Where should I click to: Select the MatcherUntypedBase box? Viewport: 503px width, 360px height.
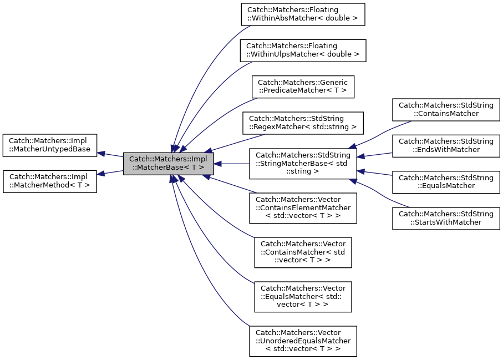(50, 145)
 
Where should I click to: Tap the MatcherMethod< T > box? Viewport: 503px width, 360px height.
(50, 181)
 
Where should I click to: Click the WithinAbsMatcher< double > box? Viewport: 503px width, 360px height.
(303, 14)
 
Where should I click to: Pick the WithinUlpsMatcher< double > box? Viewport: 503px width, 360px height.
(303, 50)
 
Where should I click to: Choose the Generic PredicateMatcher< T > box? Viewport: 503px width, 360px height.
(303, 87)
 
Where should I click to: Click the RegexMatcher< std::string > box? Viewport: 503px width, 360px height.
(303, 123)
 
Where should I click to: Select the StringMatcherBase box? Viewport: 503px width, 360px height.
(303, 163)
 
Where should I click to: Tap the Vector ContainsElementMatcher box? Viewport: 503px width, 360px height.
(303, 208)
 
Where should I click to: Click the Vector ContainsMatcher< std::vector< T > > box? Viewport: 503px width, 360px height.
(303, 253)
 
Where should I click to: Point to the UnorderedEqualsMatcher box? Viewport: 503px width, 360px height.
(303, 341)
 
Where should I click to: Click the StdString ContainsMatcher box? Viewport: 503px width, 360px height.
(446, 109)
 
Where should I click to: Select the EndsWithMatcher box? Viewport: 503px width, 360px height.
(446, 145)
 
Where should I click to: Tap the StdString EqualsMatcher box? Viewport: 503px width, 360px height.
(446, 181)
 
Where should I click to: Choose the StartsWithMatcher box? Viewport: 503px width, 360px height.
(446, 217)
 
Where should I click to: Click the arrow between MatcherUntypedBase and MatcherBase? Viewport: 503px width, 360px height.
(110, 154)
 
